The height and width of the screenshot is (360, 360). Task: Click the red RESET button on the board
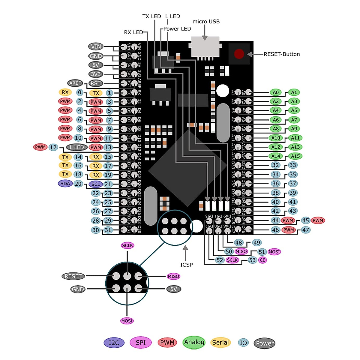pyautogui.click(x=239, y=54)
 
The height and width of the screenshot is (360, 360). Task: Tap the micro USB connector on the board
pyautogui.click(x=205, y=46)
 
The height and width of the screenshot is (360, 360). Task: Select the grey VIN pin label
pyautogui.click(x=96, y=46)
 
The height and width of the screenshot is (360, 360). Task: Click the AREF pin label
pyautogui.click(x=75, y=83)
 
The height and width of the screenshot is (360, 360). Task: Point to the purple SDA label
pyautogui.click(x=65, y=183)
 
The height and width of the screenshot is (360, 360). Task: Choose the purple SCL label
pyautogui.click(x=96, y=184)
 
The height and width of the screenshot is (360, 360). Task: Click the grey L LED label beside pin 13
pyautogui.click(x=77, y=147)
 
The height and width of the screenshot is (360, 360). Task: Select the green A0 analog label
pyautogui.click(x=276, y=92)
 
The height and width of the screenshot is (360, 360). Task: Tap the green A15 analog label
pyautogui.click(x=295, y=156)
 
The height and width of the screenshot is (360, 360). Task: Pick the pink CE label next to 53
pyautogui.click(x=262, y=260)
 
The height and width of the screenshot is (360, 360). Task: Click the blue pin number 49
pyautogui.click(x=257, y=243)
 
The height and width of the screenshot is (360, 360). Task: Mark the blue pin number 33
pyautogui.click(x=292, y=165)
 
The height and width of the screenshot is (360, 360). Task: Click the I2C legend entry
pyautogui.click(x=114, y=343)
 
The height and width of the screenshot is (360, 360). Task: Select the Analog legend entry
pyautogui.click(x=194, y=342)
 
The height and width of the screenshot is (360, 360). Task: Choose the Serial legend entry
pyautogui.click(x=220, y=343)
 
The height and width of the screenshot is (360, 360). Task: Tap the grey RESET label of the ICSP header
pyautogui.click(x=73, y=276)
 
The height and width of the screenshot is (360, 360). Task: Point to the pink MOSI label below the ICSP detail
pyautogui.click(x=127, y=321)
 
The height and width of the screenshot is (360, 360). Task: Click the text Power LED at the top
pyautogui.click(x=177, y=29)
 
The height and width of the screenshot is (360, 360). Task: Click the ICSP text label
pyautogui.click(x=186, y=265)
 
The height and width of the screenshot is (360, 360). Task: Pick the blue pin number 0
pyautogui.click(x=79, y=92)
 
